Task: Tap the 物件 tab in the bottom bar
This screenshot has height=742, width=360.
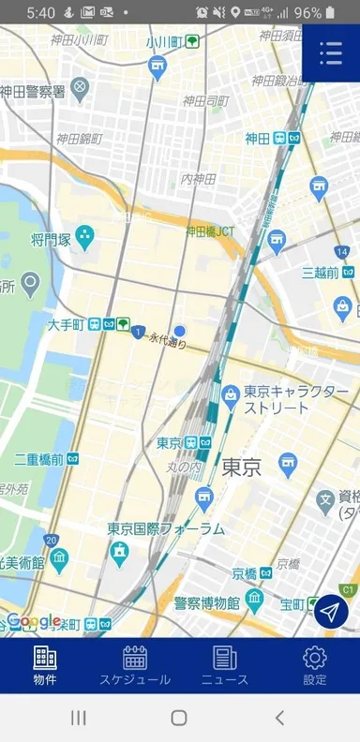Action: click(x=44, y=665)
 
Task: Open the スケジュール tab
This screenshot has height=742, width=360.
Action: click(x=135, y=665)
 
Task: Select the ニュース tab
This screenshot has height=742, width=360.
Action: click(x=225, y=665)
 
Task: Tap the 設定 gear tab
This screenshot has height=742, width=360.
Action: click(x=315, y=665)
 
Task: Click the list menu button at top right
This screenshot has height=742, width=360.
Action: click(x=330, y=53)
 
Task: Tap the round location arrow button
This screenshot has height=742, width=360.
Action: click(x=330, y=612)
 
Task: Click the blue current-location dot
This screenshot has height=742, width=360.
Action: click(x=180, y=331)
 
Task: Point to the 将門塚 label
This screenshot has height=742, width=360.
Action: click(x=52, y=241)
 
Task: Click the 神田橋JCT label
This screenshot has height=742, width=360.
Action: click(x=210, y=230)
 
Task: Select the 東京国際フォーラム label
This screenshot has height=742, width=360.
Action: click(x=166, y=528)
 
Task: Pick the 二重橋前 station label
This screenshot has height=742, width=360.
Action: click(x=38, y=459)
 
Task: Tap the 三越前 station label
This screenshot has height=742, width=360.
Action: click(x=320, y=273)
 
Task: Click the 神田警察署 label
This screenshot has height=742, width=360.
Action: click(x=33, y=91)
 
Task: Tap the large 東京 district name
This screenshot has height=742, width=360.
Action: click(x=242, y=467)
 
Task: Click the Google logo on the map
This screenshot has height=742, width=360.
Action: click(x=35, y=621)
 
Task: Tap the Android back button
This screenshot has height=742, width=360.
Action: click(x=278, y=718)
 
